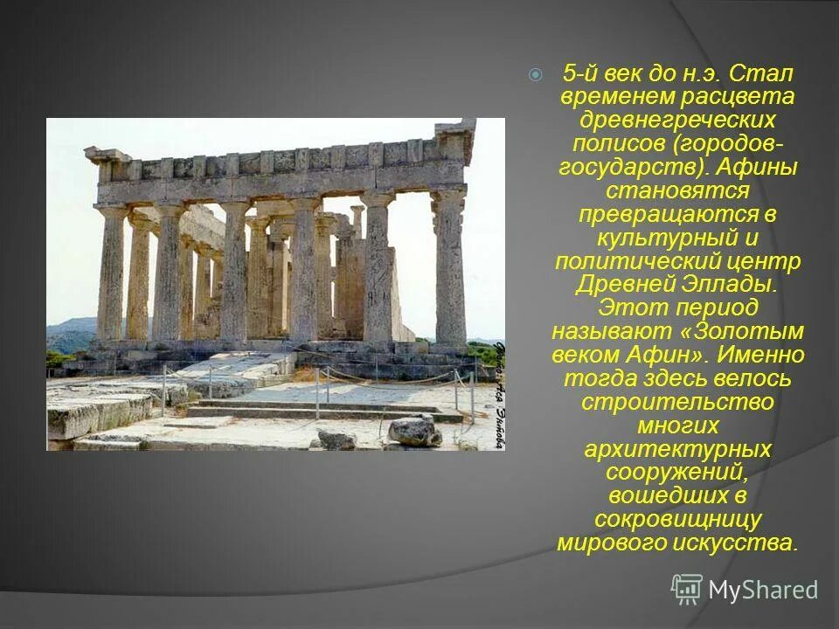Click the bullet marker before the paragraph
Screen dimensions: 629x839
[x=536, y=75]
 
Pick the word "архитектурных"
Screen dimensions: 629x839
[x=677, y=450]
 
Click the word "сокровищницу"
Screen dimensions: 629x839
[x=677, y=520]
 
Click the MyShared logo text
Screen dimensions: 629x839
[x=763, y=591]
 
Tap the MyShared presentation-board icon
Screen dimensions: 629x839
[x=687, y=590]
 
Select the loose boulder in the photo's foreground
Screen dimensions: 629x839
[x=414, y=432]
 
